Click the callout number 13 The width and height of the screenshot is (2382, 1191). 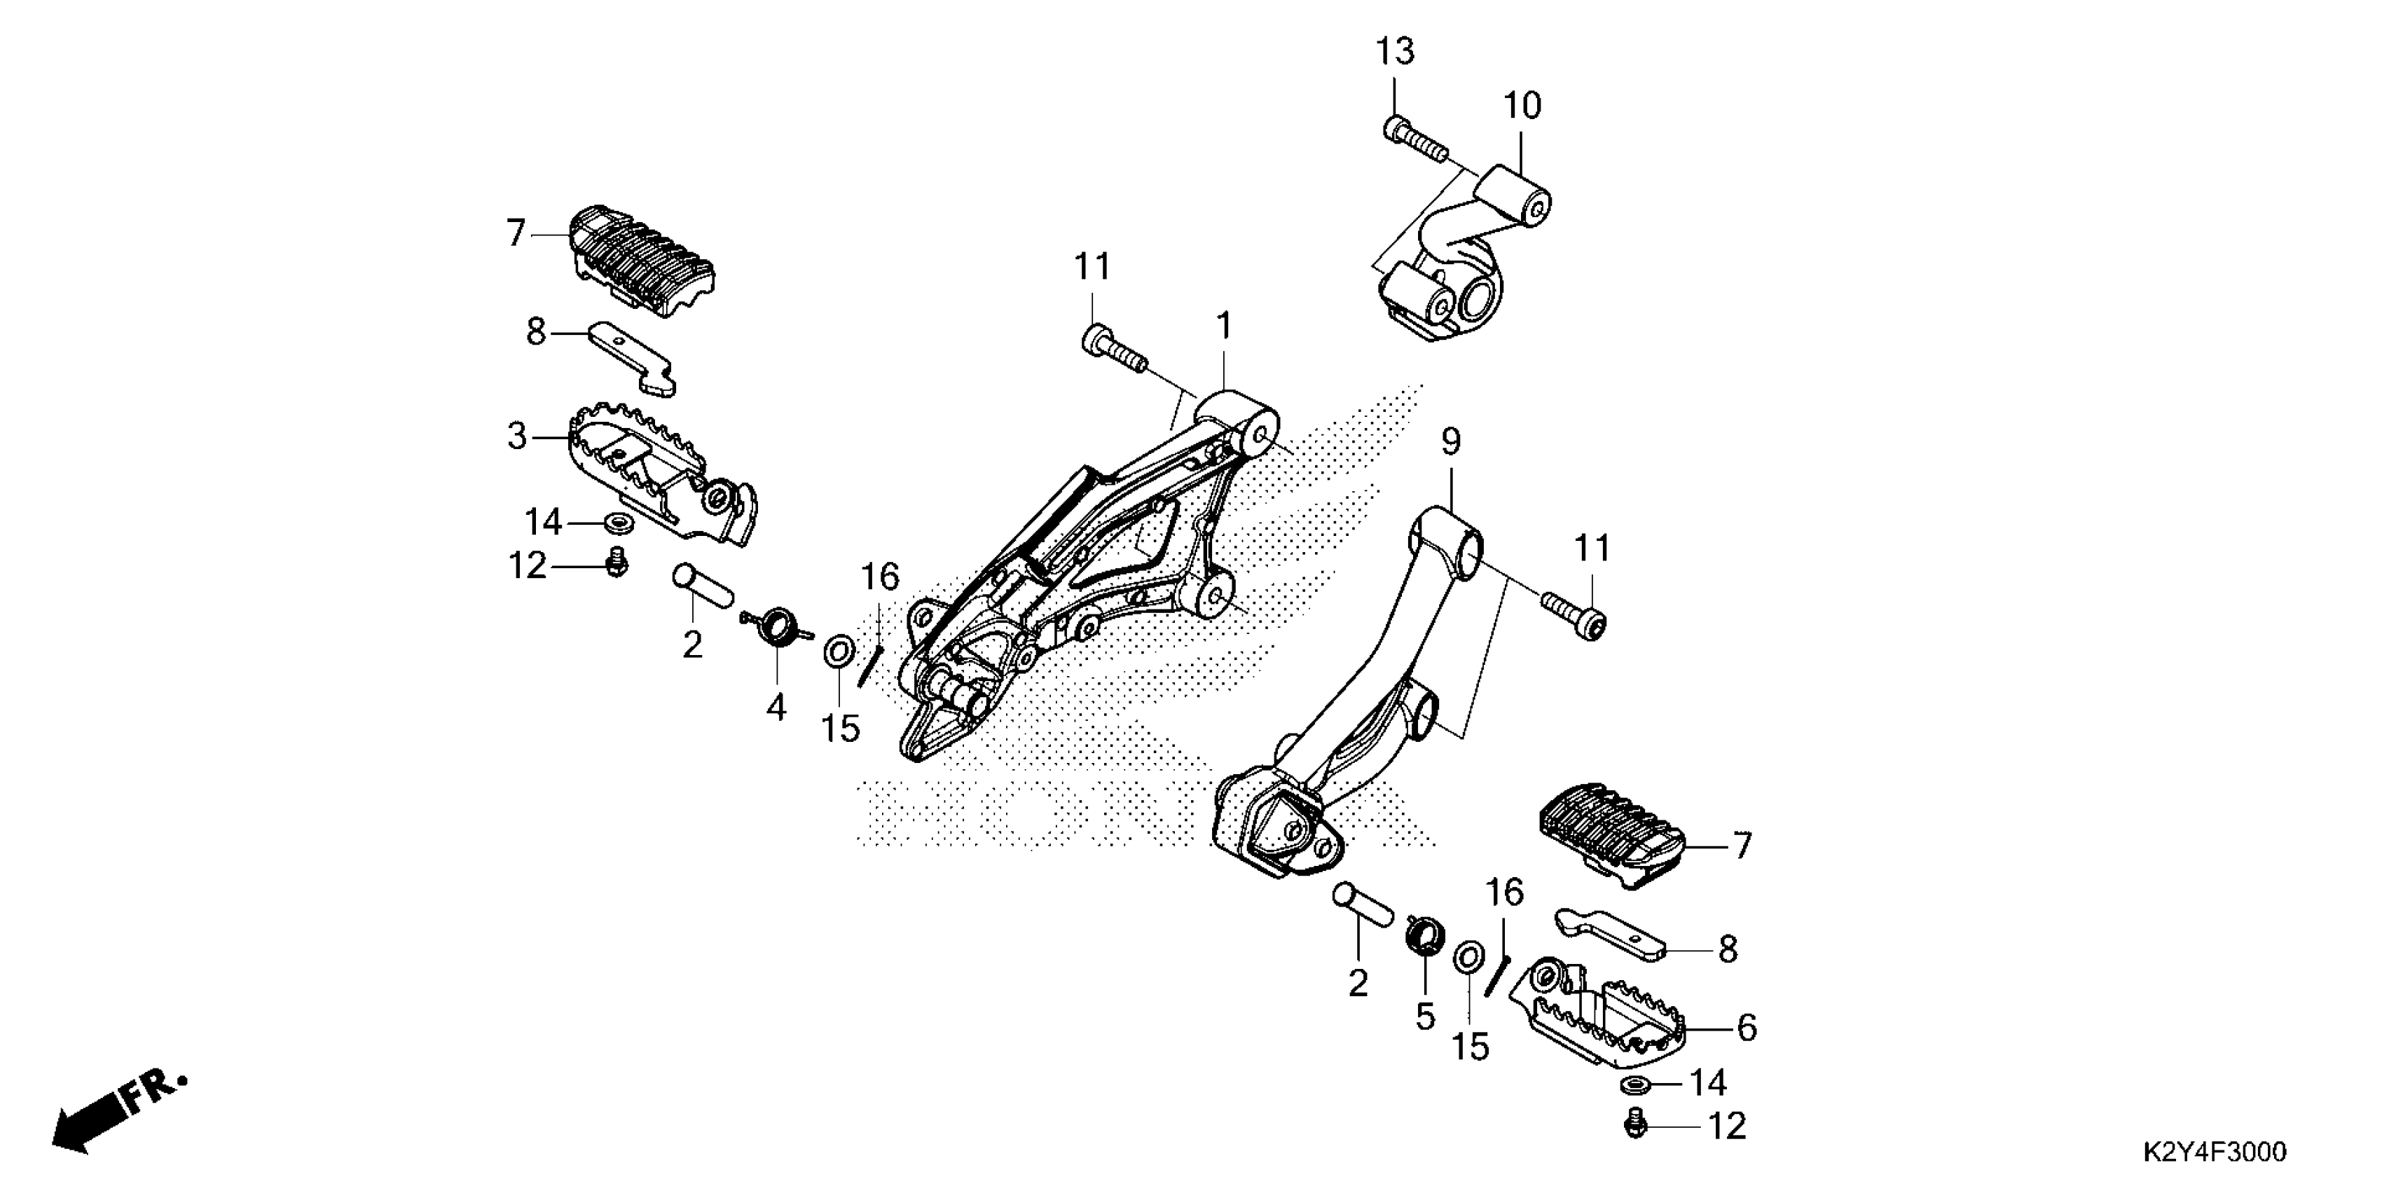(1394, 51)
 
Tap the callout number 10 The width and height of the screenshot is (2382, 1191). (1522, 106)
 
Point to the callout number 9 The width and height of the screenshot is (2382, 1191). (1451, 442)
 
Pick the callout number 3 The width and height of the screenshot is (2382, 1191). (517, 436)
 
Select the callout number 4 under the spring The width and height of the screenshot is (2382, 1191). (776, 708)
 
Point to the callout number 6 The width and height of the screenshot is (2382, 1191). (1746, 1027)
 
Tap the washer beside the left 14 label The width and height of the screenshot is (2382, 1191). (618, 524)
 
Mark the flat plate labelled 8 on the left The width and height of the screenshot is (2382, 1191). (634, 356)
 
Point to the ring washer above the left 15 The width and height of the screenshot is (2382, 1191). (839, 651)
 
